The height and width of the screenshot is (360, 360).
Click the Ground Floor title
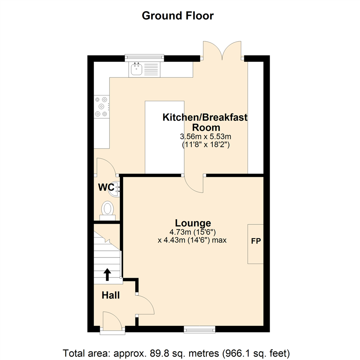[x=178, y=15]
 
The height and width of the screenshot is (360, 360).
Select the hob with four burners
[x=101, y=106]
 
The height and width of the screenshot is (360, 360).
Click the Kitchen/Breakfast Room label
[x=205, y=122]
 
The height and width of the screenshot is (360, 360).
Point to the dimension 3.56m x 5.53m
[x=205, y=136]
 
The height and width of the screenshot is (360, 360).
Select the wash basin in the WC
[x=114, y=189]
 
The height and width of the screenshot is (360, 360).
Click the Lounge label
[x=193, y=223]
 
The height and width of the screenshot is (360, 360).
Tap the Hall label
[x=111, y=295]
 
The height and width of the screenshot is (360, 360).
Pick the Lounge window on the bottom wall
[x=199, y=329]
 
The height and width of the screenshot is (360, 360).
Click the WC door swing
[x=105, y=167]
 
